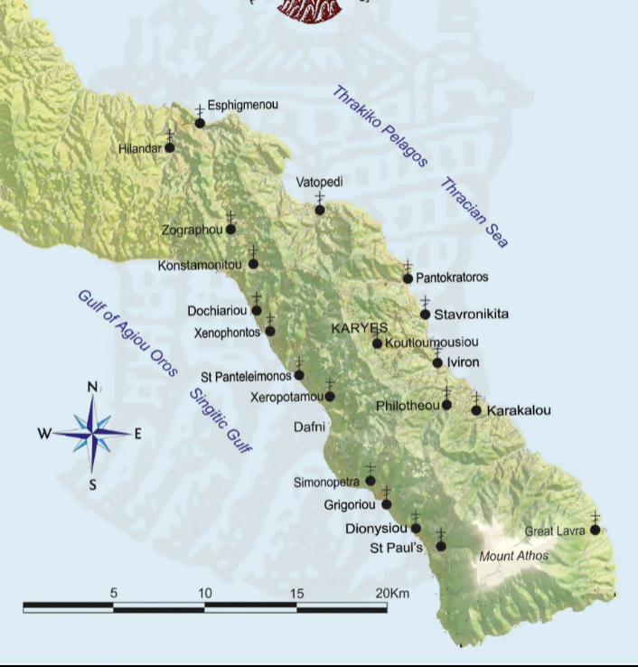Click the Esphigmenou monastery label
(x=242, y=105)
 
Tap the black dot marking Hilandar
(x=169, y=147)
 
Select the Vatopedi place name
(x=319, y=183)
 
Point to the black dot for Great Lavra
(x=595, y=530)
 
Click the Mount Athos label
(x=513, y=556)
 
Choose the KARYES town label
(x=359, y=327)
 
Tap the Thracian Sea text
(x=474, y=213)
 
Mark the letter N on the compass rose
(x=92, y=388)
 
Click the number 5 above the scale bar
(x=113, y=593)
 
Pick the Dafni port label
(x=308, y=425)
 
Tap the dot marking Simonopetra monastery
(x=370, y=481)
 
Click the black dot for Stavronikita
(x=426, y=315)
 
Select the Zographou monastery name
(x=192, y=230)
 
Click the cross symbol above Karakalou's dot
(x=476, y=398)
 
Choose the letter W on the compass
(x=43, y=434)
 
